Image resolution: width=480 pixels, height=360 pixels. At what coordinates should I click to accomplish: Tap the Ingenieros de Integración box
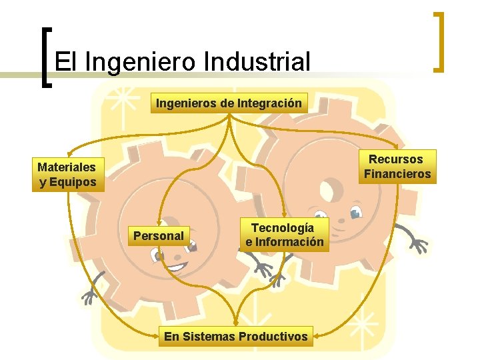coord(229,103)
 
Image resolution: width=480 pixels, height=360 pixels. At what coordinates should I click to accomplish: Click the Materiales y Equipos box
coord(67,175)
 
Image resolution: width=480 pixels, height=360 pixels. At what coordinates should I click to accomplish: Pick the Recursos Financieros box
coord(397,167)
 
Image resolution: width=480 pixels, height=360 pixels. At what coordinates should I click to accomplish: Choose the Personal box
coord(159,235)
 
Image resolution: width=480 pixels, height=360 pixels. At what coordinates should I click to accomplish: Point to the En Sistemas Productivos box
coord(236,337)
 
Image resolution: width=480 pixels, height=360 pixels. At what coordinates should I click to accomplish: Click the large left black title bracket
coord(45,57)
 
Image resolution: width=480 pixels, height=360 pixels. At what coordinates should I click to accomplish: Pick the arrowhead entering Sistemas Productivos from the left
coord(162,331)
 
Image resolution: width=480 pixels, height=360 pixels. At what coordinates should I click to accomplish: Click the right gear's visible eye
coord(356,213)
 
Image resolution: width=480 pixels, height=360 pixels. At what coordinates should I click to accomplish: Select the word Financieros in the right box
coord(397,175)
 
